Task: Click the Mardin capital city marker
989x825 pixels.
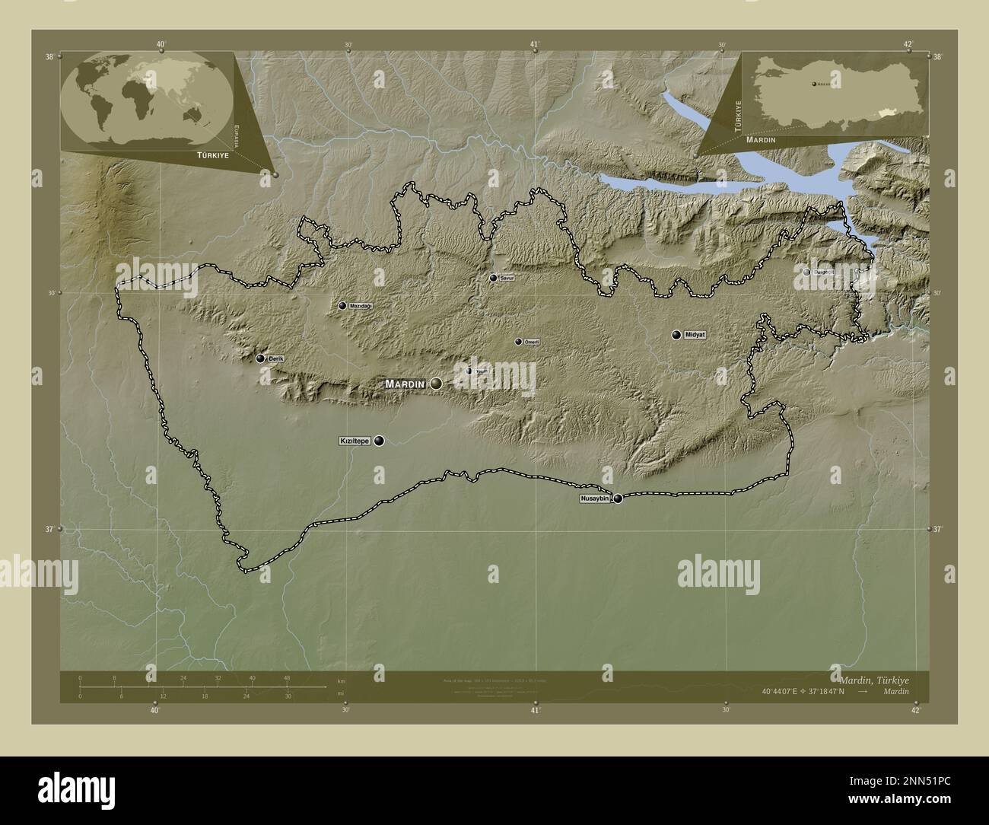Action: point(436,384)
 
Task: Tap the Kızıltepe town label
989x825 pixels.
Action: point(354,441)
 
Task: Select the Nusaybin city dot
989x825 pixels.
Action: point(618,499)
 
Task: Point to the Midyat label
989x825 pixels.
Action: point(696,335)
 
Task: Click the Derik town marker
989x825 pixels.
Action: point(260,358)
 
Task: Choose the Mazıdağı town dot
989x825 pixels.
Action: point(342,306)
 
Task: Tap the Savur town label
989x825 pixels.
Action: point(507,279)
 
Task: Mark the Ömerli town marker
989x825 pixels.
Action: point(519,342)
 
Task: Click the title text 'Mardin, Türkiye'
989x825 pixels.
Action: point(874,680)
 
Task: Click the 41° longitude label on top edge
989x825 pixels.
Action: point(535,45)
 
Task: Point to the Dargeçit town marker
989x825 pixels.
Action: point(806,271)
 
